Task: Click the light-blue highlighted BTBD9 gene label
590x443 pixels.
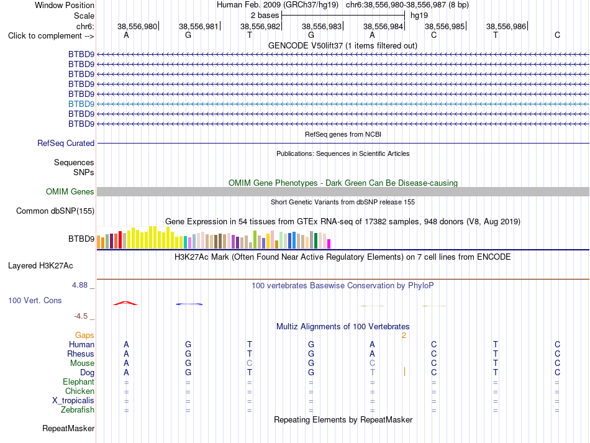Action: [x=81, y=104]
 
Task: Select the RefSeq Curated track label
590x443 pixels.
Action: [x=66, y=143]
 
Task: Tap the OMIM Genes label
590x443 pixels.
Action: [x=70, y=191]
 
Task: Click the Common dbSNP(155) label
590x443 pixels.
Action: [x=55, y=211]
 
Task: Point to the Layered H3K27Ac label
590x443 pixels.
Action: [x=40, y=266]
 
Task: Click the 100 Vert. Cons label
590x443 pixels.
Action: [x=35, y=300]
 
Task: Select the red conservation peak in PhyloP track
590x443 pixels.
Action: [x=125, y=303]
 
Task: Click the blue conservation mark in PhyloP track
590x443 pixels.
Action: [x=189, y=304]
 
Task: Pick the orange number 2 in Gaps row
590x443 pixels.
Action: [x=404, y=336]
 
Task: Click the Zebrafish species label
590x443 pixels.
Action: [x=78, y=409]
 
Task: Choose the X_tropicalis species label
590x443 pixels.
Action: [x=73, y=401]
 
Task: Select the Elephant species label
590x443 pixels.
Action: [x=78, y=381]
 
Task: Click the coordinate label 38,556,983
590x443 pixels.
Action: [x=322, y=26]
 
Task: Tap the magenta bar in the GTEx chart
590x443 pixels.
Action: [x=329, y=244]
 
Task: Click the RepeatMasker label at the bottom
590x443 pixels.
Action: [x=68, y=428]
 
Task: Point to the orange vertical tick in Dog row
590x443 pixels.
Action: [x=404, y=372]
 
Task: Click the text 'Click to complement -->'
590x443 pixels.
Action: [x=51, y=36]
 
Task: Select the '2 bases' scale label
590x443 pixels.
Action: [x=265, y=16]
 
